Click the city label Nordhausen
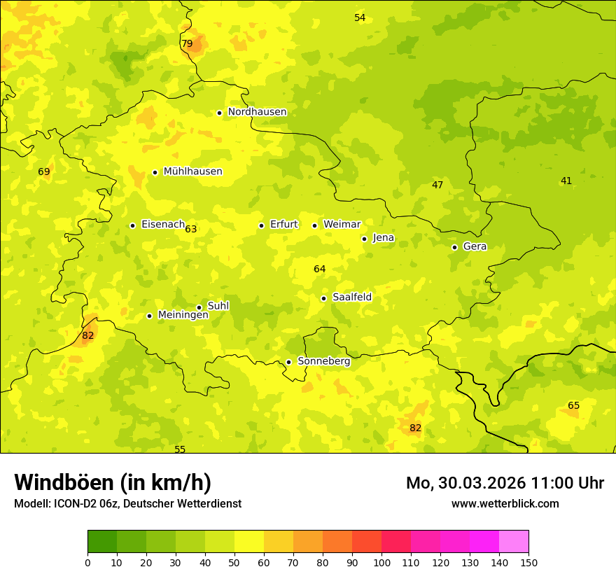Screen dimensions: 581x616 click(257, 112)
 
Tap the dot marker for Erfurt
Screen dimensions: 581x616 click(261, 225)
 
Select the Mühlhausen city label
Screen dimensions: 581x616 click(192, 171)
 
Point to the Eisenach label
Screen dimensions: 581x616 click(162, 225)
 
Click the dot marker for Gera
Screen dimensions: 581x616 click(454, 247)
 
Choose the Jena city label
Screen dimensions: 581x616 click(384, 238)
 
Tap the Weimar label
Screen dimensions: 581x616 click(342, 225)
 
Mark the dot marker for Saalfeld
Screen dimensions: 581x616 click(323, 298)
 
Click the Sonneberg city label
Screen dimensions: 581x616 click(323, 361)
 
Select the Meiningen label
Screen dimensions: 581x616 click(183, 315)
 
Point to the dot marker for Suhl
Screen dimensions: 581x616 click(199, 307)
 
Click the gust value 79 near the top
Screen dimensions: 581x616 click(187, 43)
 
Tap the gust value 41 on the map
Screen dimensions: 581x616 click(566, 181)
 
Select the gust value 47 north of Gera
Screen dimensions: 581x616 click(437, 185)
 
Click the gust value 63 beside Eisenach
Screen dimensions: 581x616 click(191, 229)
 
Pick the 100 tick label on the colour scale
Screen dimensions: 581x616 click(381, 562)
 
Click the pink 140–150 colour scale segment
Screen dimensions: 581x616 click(514, 541)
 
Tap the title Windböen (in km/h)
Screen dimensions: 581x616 click(113, 482)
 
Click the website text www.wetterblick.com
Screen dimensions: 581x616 click(505, 503)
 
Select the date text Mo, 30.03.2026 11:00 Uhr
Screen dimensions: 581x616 click(505, 483)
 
